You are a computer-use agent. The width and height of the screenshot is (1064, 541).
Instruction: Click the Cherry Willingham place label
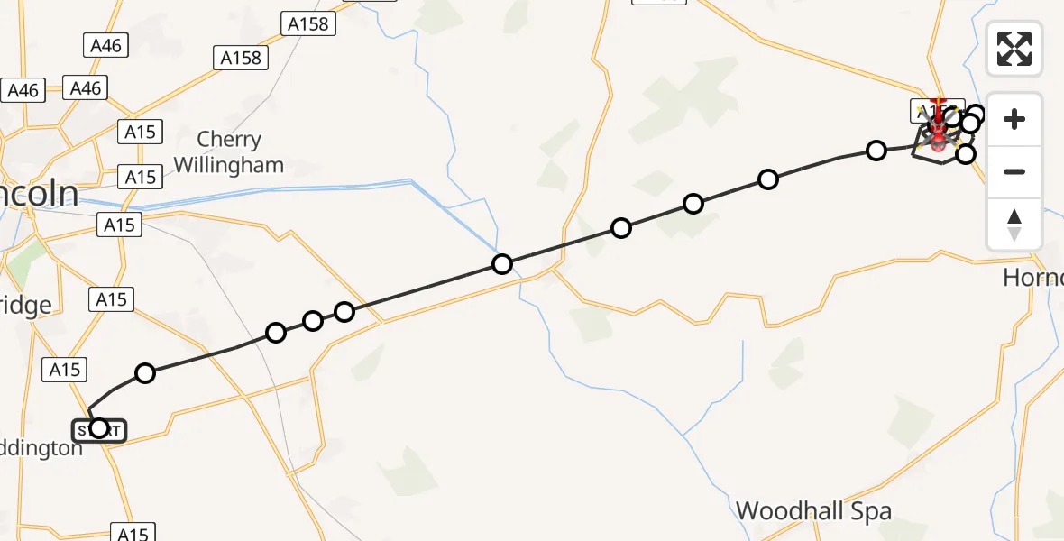229,152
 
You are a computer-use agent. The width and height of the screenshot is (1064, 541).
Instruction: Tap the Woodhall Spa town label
813,511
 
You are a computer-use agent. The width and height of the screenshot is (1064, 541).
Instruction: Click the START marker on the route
99,429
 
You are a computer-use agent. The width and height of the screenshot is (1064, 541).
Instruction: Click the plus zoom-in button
1014,119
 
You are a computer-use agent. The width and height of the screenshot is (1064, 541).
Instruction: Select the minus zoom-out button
1014,171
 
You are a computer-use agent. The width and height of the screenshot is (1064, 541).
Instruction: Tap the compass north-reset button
1014,224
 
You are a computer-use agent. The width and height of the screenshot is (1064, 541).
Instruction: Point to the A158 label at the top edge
307,24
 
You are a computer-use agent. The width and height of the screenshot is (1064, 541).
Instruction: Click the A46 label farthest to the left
23,90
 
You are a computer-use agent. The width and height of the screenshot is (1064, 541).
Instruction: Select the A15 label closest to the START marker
66,369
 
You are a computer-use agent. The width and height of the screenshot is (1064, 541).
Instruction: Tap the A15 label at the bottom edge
132,533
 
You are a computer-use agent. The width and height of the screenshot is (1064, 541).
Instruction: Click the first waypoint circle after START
145,372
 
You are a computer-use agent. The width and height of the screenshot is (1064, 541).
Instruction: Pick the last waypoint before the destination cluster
876,151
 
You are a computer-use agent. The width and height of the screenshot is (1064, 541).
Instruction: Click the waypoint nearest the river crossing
502,264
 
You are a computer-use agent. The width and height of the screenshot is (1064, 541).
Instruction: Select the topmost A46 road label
105,45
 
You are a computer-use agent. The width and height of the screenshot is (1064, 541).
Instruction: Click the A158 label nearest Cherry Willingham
242,59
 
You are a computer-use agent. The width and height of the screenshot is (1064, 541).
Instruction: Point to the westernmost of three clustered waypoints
276,333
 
